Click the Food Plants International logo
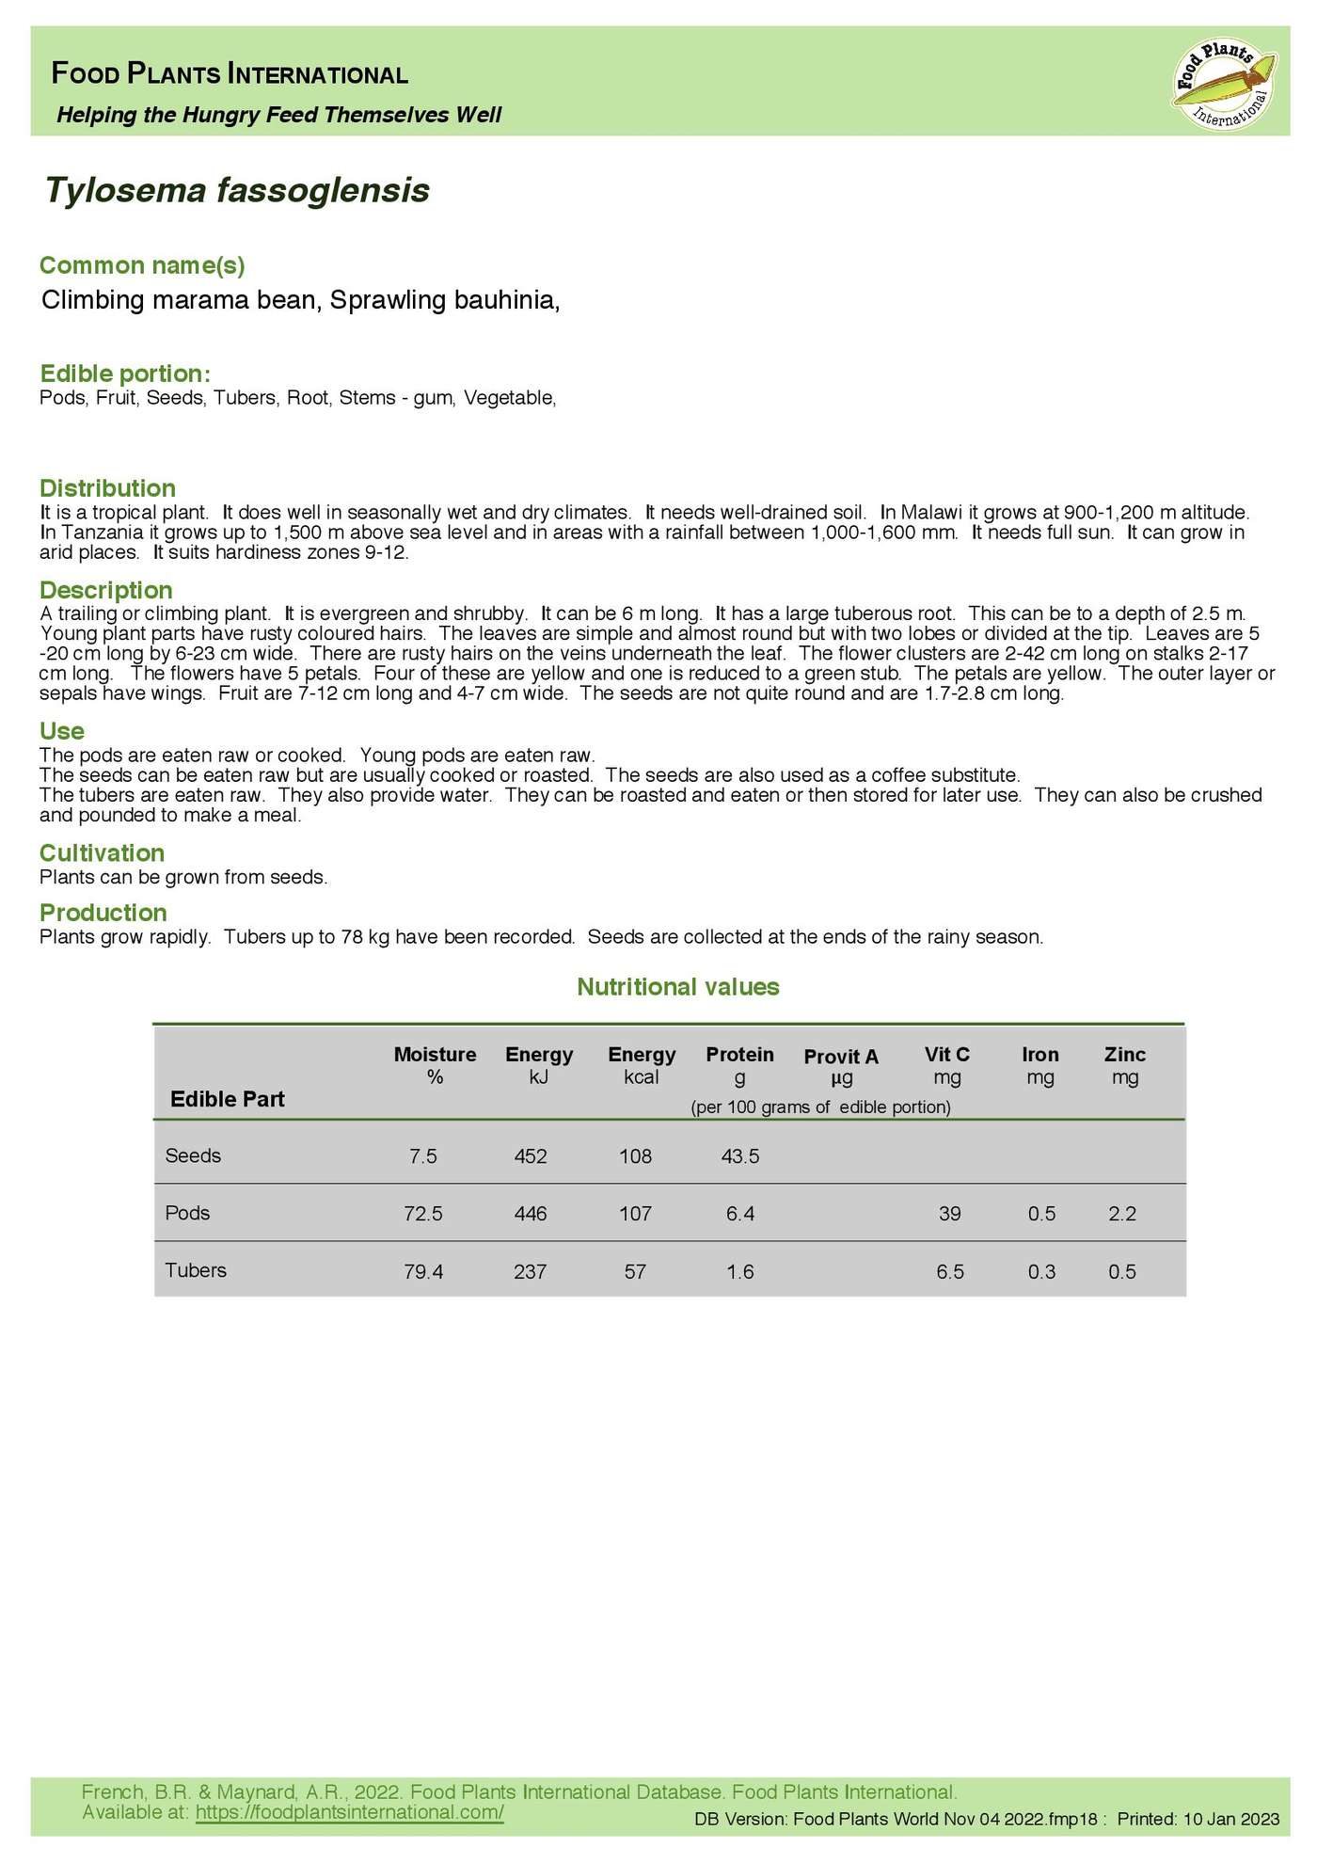[x=1225, y=83]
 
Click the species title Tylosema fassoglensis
[x=237, y=190]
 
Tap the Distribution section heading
[x=107, y=488]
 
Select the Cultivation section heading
[x=102, y=852]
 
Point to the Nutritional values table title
[x=677, y=986]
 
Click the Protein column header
[x=739, y=1064]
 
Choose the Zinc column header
[x=1124, y=1064]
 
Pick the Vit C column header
[x=946, y=1064]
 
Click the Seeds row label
[x=193, y=1155]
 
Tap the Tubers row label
[x=196, y=1270]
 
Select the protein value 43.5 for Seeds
[x=739, y=1156]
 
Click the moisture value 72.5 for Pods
[x=422, y=1214]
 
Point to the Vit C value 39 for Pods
[x=949, y=1214]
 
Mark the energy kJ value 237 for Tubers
[x=531, y=1272]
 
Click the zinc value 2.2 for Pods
[x=1122, y=1214]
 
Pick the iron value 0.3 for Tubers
[x=1041, y=1272]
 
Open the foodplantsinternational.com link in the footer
[x=349, y=1811]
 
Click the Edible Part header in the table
[x=227, y=1099]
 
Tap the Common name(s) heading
[x=142, y=265]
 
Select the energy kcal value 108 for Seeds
[x=635, y=1156]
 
